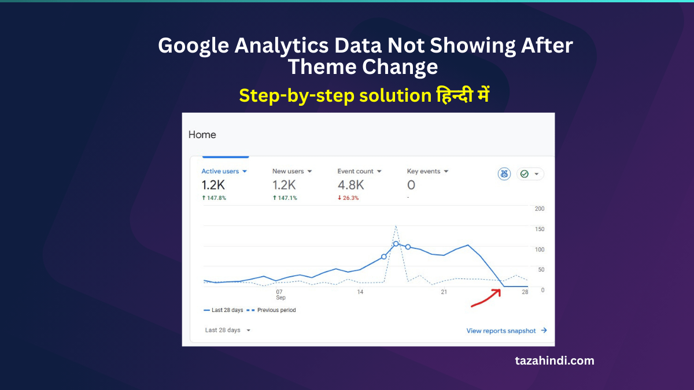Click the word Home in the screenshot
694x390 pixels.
click(x=202, y=135)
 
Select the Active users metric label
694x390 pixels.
click(x=220, y=171)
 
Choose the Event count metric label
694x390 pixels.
click(x=356, y=171)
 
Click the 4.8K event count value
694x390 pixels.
click(x=350, y=185)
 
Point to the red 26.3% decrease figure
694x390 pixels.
click(x=348, y=198)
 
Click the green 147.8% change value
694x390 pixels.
click(x=213, y=198)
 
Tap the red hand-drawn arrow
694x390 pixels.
click(x=486, y=298)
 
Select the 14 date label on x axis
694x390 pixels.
click(x=360, y=292)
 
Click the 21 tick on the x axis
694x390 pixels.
click(x=444, y=292)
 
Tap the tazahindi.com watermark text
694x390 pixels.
click(x=554, y=361)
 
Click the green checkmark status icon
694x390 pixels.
click(x=525, y=174)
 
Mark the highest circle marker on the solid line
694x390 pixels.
click(x=396, y=244)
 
